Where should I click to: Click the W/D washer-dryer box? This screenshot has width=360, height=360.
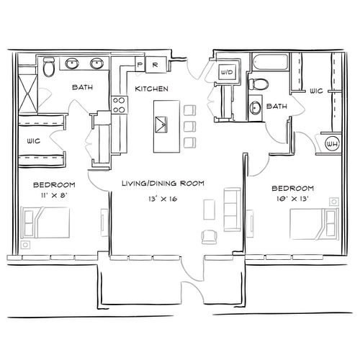click(x=227, y=72)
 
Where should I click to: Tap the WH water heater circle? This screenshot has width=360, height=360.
click(x=333, y=144)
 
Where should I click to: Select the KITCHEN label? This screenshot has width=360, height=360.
click(x=151, y=89)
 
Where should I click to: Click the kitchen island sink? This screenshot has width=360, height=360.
click(x=161, y=125)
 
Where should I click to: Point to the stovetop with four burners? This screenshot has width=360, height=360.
click(x=120, y=104)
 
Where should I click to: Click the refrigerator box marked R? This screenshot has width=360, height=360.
click(x=156, y=65)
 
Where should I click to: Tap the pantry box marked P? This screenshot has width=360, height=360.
click(x=140, y=64)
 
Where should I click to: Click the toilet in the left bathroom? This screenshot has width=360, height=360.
click(x=49, y=67)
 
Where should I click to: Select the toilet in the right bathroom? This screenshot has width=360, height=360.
click(x=258, y=84)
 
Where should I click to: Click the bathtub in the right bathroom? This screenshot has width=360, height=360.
click(x=270, y=62)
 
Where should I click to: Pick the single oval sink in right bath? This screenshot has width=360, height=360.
click(x=255, y=107)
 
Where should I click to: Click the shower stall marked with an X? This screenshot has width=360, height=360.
click(x=28, y=94)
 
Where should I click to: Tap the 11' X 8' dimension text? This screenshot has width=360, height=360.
click(x=53, y=195)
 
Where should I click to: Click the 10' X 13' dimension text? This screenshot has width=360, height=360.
click(x=292, y=199)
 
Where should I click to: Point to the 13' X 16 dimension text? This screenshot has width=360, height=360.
click(x=163, y=199)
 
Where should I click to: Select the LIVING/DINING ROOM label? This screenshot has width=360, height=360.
click(x=163, y=184)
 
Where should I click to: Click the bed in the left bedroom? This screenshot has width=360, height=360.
click(x=45, y=222)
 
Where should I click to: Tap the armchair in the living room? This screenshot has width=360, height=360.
click(x=210, y=237)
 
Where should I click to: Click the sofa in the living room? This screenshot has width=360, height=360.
click(x=233, y=210)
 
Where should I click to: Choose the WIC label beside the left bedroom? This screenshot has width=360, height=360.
click(x=34, y=141)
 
